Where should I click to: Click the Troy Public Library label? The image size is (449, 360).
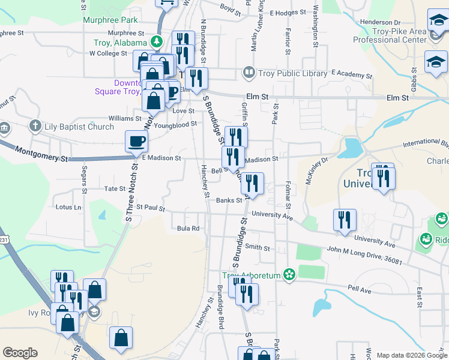coord(293,74)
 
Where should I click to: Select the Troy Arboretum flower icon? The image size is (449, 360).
coord(289,275)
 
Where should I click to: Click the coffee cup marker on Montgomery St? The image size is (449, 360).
coord(136,142)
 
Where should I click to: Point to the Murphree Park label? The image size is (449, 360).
coord(108,20)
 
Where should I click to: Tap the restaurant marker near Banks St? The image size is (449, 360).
coord(252,182)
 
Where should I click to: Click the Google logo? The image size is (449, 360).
coord(20,353)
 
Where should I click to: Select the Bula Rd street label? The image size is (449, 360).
coord(188,229)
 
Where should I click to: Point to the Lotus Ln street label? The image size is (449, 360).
coord(68,208)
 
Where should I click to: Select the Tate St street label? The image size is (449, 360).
coord(114,188)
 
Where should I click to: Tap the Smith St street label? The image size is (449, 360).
coord(257,247)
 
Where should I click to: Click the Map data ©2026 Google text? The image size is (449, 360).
coord(411,355)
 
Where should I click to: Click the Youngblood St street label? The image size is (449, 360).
coord(176,124)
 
